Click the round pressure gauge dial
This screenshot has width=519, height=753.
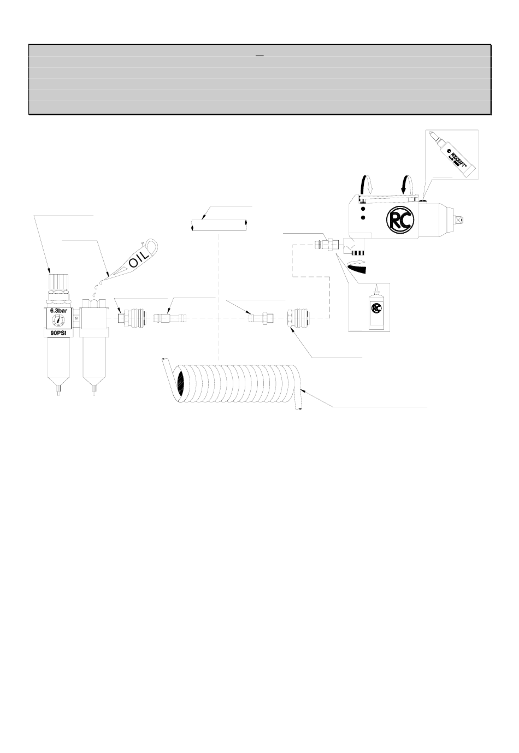pyautogui.click(x=59, y=322)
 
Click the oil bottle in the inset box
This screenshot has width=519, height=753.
pyautogui.click(x=375, y=311)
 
